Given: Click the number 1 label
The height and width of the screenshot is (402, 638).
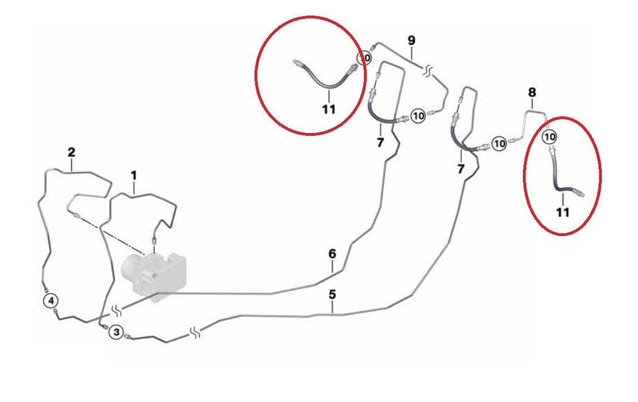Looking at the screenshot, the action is coord(133,176).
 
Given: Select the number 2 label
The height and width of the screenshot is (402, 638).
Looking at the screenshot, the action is coord(71,153).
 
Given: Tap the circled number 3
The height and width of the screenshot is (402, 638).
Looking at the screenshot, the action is coord(116,332).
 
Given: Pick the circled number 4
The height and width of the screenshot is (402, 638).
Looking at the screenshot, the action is coord(51,301).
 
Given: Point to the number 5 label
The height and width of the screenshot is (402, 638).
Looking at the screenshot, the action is coord(332,295).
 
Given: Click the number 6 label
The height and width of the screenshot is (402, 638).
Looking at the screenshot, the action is coord(332,254).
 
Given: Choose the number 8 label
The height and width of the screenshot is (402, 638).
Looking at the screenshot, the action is coord(532,92).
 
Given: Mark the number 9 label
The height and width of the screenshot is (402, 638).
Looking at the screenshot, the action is coord(411,41).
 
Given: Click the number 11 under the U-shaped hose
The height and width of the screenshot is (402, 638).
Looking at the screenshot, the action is coord(329,109).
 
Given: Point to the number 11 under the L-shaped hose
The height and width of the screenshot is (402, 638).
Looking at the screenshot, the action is coord(563,212).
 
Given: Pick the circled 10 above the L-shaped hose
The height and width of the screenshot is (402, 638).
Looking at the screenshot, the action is coord(550,136).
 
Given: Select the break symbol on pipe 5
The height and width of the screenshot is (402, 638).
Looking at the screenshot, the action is coord(196,333).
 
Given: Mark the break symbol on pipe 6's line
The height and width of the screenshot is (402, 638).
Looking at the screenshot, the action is coord(117,310).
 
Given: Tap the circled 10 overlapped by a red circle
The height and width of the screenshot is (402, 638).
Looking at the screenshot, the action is coord(364,58).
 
